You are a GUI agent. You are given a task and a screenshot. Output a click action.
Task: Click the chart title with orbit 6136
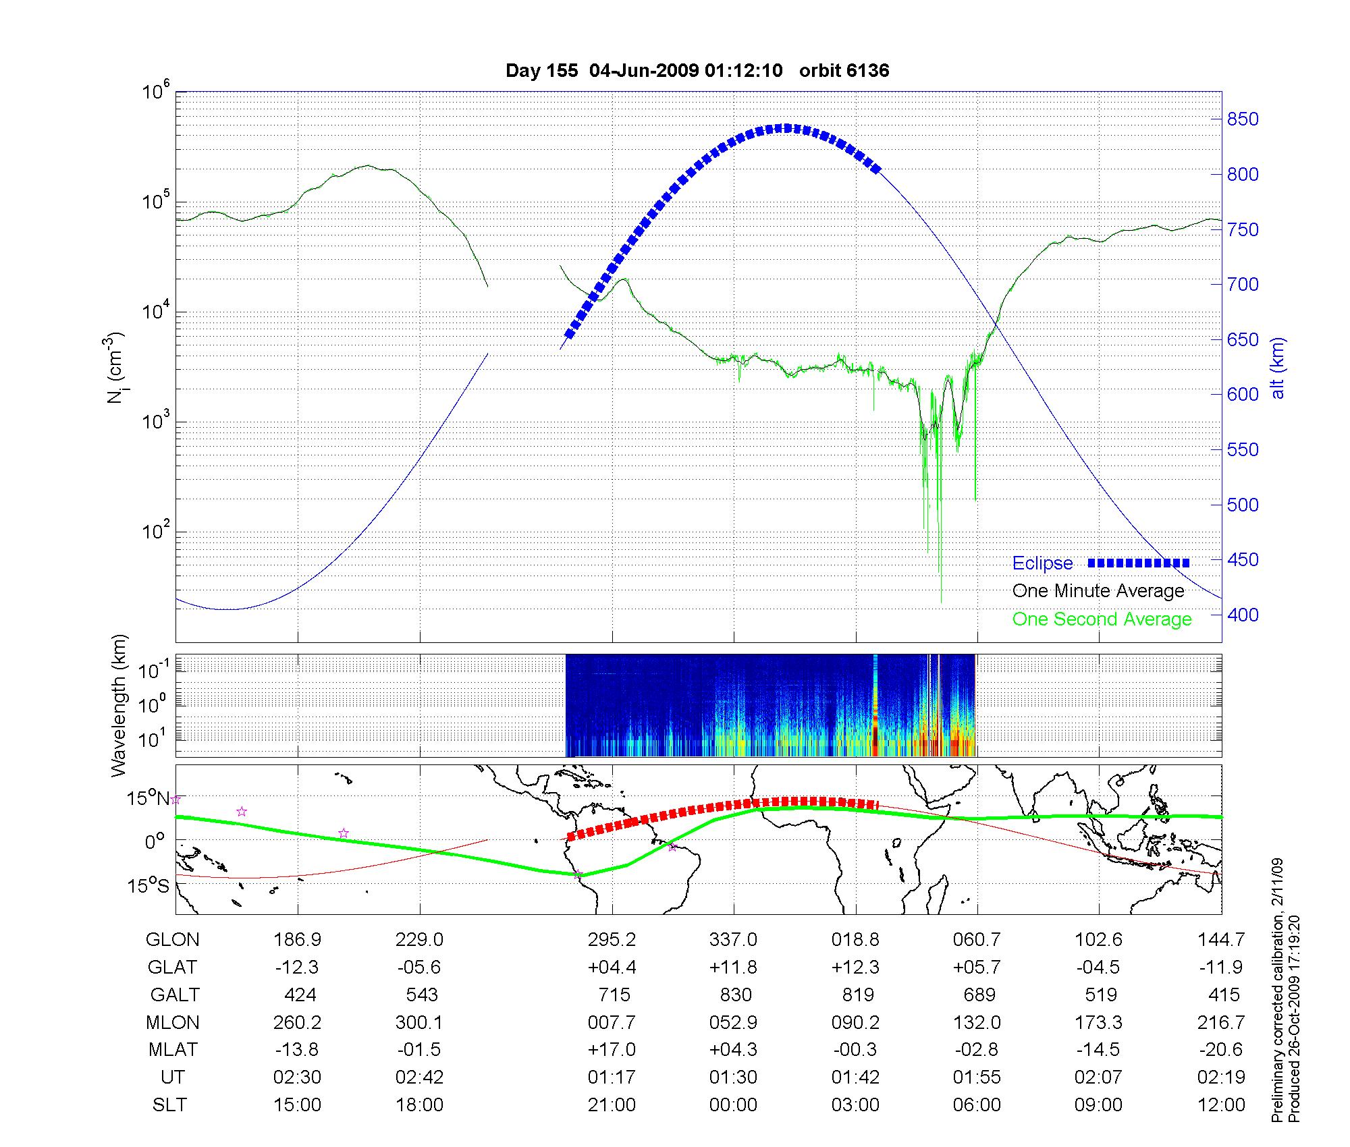point(697,70)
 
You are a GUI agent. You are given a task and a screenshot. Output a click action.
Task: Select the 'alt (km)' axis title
point(1278,368)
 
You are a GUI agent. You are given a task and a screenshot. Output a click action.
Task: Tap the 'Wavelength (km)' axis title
point(119,705)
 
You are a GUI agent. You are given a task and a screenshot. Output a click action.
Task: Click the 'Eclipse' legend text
point(1042,563)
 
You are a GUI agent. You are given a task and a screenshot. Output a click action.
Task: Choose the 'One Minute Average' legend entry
point(1098,591)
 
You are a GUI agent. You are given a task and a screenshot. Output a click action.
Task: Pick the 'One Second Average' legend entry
point(1102,619)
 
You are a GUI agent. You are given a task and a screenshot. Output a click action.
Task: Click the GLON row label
point(173,940)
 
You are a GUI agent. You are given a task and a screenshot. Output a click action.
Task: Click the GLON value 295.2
point(612,940)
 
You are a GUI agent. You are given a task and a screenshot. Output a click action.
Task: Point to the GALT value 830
point(736,995)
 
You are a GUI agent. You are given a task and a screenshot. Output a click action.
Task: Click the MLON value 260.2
point(297,1023)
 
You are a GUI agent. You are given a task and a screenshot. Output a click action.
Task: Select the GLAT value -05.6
point(419,968)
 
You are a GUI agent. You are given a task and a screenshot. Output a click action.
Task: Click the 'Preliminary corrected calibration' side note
point(1277,990)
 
